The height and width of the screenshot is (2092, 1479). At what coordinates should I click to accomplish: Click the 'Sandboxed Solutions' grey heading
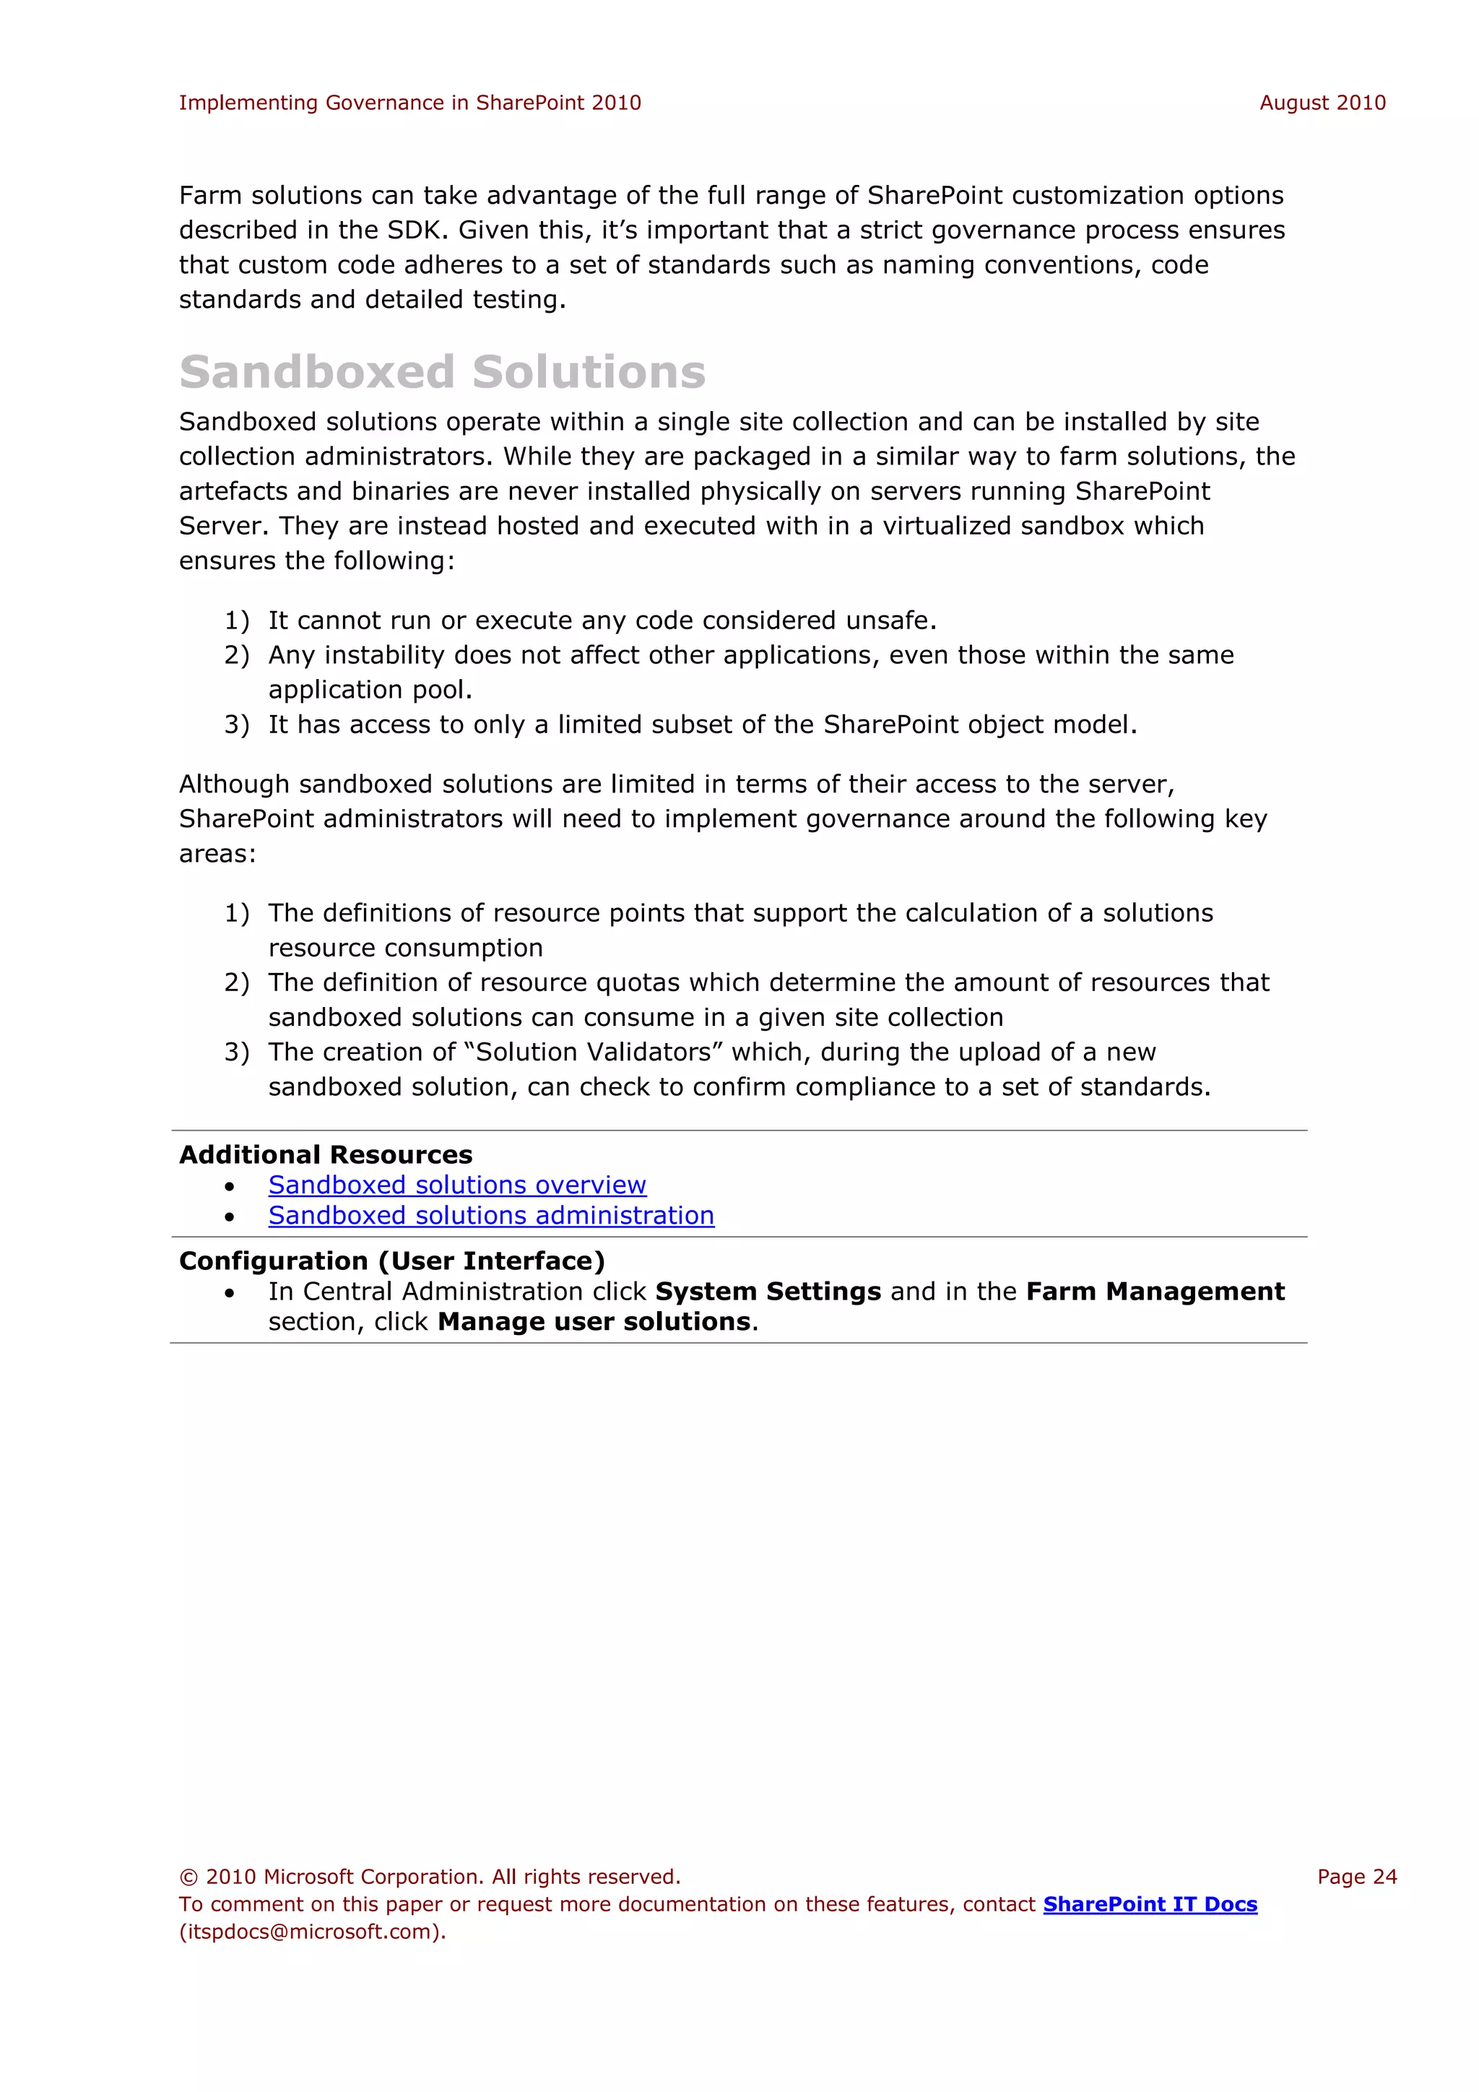click(x=442, y=372)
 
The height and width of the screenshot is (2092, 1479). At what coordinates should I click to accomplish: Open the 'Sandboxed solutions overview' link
click(x=456, y=1185)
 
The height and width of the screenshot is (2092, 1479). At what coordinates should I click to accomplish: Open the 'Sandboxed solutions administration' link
click(x=491, y=1216)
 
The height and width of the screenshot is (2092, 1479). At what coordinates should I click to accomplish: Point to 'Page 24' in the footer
click(x=1356, y=1877)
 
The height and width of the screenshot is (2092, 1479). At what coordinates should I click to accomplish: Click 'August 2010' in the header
click(x=1322, y=103)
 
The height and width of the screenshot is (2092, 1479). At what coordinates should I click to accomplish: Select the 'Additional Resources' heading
click(x=325, y=1154)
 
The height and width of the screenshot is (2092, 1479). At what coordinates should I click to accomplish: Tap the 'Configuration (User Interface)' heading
click(x=391, y=1261)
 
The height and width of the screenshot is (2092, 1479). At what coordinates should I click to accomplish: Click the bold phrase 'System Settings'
click(x=768, y=1292)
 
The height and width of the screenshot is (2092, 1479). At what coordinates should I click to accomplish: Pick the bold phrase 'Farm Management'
click(x=1155, y=1292)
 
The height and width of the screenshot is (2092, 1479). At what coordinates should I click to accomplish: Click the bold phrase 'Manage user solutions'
click(x=594, y=1322)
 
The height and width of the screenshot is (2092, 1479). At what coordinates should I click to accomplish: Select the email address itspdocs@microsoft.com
click(x=310, y=1932)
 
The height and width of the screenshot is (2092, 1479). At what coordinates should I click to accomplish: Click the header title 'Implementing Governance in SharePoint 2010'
click(x=409, y=103)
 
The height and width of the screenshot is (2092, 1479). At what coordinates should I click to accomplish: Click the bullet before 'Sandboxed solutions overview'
click(x=230, y=1186)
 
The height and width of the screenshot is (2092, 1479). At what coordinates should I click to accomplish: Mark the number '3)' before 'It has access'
click(x=236, y=725)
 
